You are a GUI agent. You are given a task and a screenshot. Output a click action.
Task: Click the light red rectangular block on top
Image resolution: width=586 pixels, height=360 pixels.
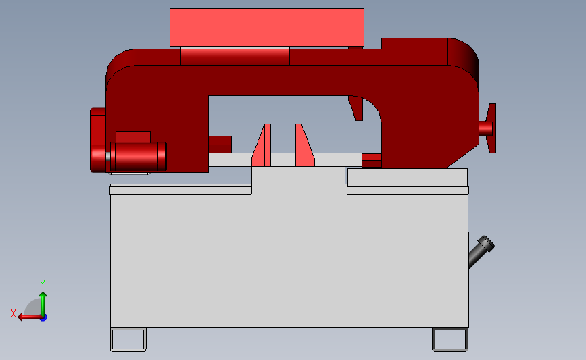point(266,27)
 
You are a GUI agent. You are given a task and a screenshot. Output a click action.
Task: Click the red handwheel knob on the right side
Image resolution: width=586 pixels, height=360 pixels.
point(489,128)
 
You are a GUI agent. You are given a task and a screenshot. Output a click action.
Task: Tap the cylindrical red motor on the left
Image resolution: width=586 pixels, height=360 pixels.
point(139,156)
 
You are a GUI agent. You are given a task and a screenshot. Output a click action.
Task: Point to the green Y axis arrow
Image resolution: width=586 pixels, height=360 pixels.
point(43,303)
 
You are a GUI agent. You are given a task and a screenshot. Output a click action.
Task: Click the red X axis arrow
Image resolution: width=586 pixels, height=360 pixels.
point(27,317)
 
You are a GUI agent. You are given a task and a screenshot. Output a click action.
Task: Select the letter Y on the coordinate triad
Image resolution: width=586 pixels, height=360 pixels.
point(42,284)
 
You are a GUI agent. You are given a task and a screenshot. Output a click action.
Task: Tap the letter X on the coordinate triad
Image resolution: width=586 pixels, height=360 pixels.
point(14,313)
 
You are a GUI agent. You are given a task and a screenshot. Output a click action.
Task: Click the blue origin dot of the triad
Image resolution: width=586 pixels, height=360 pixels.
point(43,317)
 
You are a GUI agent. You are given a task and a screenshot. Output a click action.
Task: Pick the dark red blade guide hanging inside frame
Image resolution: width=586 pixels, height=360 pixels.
point(356,108)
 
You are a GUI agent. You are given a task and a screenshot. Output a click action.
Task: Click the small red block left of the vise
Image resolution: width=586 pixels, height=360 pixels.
point(220,145)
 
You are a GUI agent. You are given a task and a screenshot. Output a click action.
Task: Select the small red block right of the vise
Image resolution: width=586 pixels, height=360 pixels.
point(372,160)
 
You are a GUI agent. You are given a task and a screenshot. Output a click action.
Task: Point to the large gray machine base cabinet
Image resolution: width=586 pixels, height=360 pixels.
point(289,260)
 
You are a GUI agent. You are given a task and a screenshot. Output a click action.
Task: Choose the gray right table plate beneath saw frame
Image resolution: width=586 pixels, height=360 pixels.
point(407,176)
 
